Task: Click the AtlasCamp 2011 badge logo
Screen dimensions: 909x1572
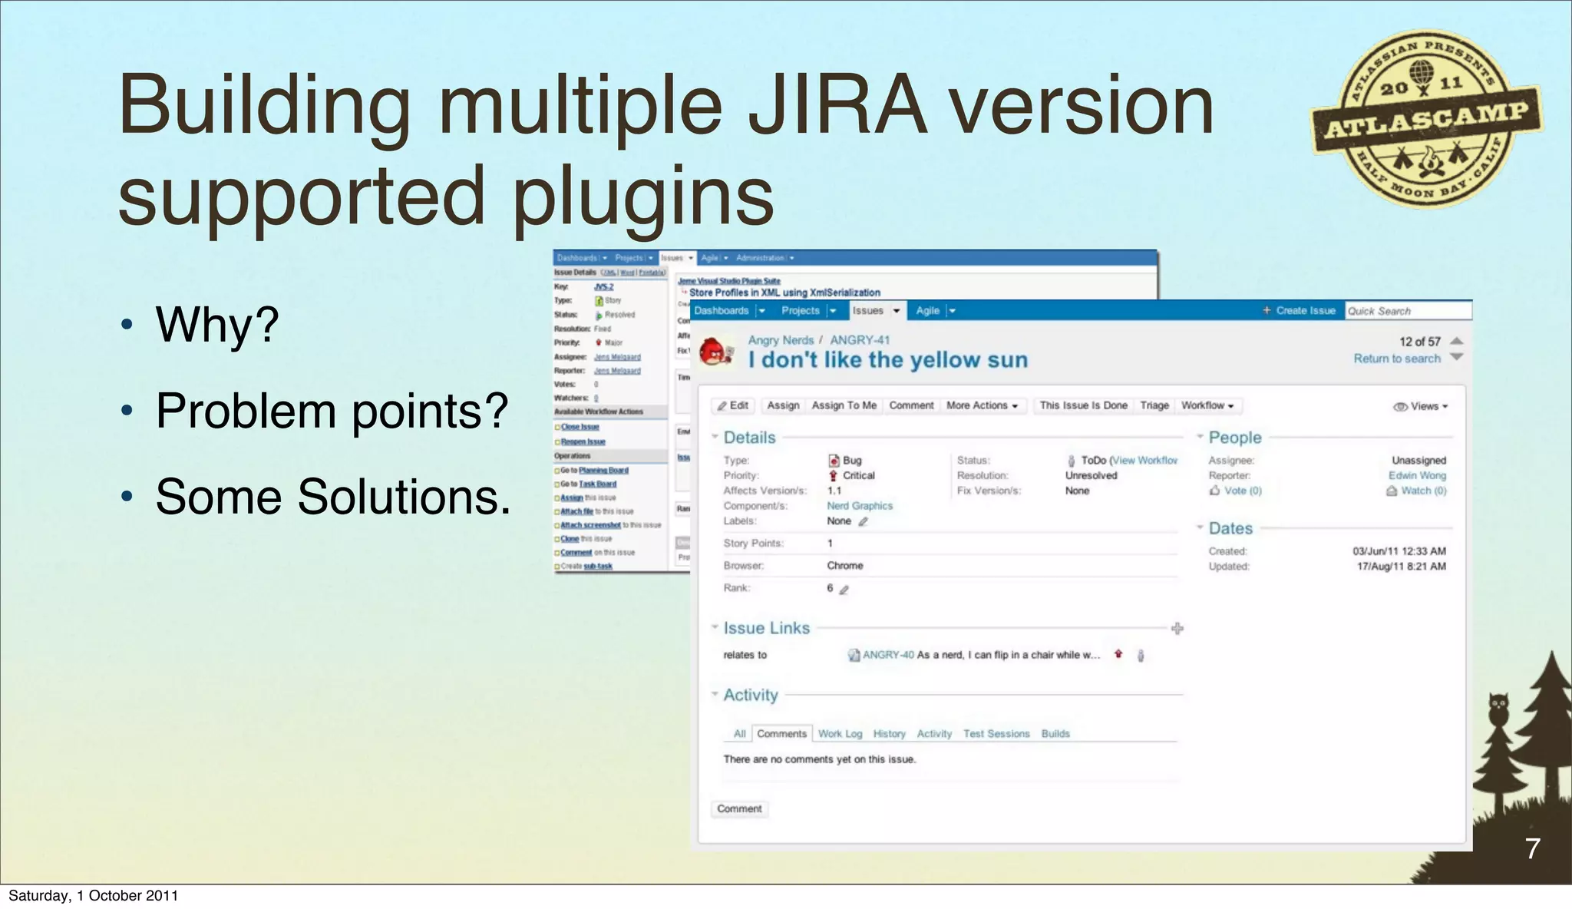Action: tap(1426, 119)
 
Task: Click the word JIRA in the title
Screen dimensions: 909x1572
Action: tap(837, 105)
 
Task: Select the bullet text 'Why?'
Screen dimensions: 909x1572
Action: tap(217, 325)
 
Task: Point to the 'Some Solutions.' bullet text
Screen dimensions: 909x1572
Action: tap(333, 497)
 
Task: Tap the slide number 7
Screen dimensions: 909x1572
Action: tap(1532, 848)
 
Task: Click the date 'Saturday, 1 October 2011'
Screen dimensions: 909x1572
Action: tap(94, 895)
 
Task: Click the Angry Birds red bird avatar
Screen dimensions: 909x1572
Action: tap(716, 352)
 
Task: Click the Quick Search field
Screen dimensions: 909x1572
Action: tap(1408, 311)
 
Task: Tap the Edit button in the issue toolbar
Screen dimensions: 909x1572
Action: tap(733, 405)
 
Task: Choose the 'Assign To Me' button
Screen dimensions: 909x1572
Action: tap(844, 405)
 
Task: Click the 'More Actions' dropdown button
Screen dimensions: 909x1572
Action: tap(982, 405)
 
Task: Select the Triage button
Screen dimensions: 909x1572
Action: tap(1154, 405)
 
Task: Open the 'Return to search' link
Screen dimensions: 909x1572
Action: tap(1396, 359)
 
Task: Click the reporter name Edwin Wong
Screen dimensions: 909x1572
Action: tap(1416, 475)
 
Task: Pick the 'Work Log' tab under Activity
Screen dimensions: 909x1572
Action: tap(840, 734)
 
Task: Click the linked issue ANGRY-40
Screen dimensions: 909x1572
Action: tap(888, 655)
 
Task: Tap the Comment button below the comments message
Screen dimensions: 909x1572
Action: tap(739, 809)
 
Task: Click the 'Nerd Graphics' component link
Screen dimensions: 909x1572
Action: tap(860, 506)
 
